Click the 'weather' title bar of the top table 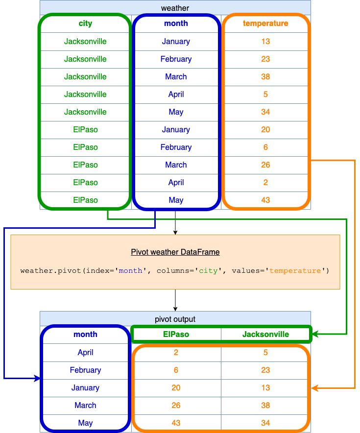[x=175, y=8]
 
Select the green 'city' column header [x=85, y=24]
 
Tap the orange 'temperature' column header [x=265, y=24]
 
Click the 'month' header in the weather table [x=176, y=24]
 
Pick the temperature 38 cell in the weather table [x=265, y=76]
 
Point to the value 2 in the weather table [x=265, y=182]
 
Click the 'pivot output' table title [x=175, y=319]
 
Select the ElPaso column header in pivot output [x=176, y=335]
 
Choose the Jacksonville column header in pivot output [x=265, y=335]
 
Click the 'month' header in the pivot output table [x=85, y=335]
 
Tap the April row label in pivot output [x=85, y=352]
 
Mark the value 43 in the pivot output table [x=176, y=423]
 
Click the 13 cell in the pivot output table [x=265, y=387]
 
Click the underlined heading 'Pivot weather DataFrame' [x=175, y=252]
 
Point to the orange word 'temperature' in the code [x=295, y=271]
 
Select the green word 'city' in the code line [x=209, y=271]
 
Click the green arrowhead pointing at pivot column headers [x=316, y=335]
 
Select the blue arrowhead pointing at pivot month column [x=37, y=379]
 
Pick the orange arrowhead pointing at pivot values [x=316, y=388]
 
